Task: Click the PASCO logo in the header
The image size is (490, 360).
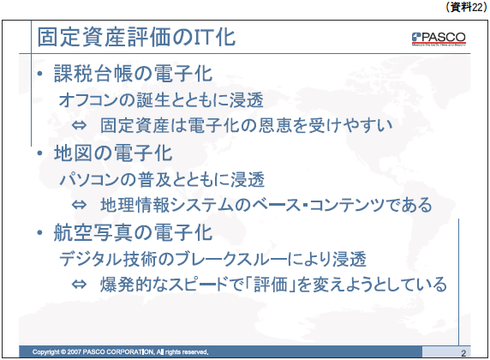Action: pos(439,39)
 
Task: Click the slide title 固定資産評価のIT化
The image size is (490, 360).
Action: pos(136,37)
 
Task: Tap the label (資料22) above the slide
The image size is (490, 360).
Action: pos(466,7)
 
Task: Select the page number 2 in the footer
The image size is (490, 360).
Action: pos(463,353)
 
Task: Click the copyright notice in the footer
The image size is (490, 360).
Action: pos(120,352)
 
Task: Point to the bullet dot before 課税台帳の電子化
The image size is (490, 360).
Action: pos(39,74)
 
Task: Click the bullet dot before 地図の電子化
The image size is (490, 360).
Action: pos(39,153)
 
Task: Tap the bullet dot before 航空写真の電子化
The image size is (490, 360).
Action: pos(39,232)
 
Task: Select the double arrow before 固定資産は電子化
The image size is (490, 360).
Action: pos(79,126)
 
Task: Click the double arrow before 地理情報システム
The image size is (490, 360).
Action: pos(79,205)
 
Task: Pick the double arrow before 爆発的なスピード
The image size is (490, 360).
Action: pos(79,285)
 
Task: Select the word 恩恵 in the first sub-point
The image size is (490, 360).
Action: pos(258,126)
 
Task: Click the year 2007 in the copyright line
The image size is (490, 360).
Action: pos(74,352)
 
